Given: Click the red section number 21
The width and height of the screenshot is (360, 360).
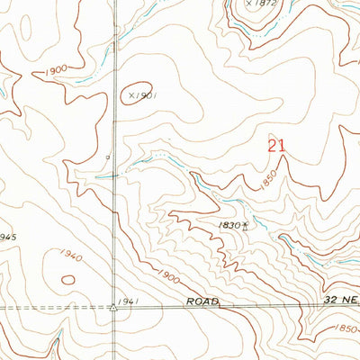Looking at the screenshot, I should pyautogui.click(x=277, y=145).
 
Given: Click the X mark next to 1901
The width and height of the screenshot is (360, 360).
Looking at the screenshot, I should pyautogui.click(x=131, y=93).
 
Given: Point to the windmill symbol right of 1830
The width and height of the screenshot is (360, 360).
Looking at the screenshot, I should pyautogui.click(x=245, y=227).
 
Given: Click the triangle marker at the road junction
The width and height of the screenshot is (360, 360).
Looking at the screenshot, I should pyautogui.click(x=114, y=307).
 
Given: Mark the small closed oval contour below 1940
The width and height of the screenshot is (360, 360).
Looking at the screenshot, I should pyautogui.click(x=67, y=279).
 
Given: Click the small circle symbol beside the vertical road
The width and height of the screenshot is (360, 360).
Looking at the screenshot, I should pyautogui.click(x=108, y=157).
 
